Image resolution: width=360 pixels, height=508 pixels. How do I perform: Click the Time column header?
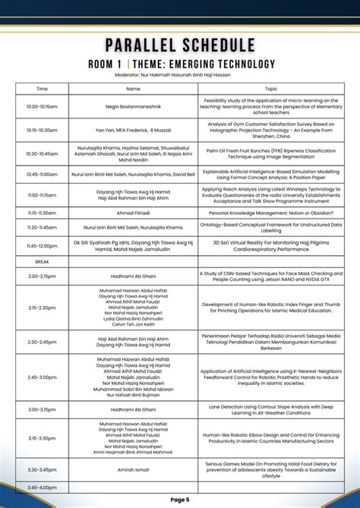coord(43,89)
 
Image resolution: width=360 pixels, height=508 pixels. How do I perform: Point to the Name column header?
coord(133,89)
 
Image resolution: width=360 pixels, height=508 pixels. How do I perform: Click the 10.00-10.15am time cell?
coord(43,107)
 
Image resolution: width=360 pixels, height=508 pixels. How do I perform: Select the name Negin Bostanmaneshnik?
coord(133,107)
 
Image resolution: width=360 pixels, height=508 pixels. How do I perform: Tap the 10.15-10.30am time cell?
coord(43,130)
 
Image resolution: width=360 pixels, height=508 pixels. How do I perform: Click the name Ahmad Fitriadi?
coord(133,213)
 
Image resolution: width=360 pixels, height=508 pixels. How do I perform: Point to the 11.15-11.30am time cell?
coord(43,213)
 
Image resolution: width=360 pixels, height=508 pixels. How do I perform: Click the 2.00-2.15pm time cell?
coord(43,276)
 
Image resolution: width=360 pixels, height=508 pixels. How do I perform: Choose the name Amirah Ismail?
coord(133,470)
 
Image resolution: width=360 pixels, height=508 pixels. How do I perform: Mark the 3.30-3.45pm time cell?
coord(43,470)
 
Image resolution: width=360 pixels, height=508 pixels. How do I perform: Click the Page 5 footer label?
coord(180,499)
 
